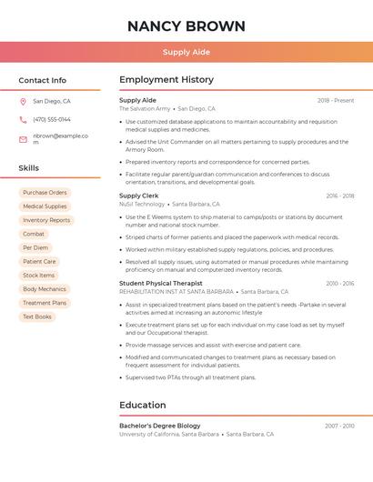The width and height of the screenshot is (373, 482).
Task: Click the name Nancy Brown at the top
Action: (x=186, y=25)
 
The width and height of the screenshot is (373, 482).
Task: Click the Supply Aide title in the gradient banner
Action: (x=186, y=53)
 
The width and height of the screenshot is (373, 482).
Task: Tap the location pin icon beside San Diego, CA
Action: (x=23, y=102)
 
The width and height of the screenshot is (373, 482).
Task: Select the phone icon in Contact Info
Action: (x=23, y=120)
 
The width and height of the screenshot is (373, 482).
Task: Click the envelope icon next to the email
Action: (x=23, y=139)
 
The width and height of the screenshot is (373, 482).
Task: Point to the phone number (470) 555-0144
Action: (x=52, y=120)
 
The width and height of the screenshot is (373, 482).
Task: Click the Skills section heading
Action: (x=29, y=168)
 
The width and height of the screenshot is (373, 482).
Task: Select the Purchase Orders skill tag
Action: (x=45, y=193)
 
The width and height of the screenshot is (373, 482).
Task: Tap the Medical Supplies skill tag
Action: (x=45, y=206)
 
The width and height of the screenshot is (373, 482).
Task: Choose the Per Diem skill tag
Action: (x=35, y=247)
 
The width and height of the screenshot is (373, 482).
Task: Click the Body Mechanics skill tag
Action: (x=45, y=289)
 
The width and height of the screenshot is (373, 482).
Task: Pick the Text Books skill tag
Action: (x=37, y=316)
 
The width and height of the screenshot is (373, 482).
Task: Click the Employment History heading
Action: (x=166, y=80)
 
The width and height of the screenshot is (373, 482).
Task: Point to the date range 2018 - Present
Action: (x=336, y=100)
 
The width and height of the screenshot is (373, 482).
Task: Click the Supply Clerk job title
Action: (x=139, y=196)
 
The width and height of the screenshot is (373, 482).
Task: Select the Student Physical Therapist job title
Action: (x=161, y=283)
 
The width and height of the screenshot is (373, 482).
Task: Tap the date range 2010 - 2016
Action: (x=340, y=283)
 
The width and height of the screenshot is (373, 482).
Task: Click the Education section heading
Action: (x=143, y=405)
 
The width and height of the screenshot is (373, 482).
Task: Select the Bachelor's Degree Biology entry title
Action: (x=160, y=426)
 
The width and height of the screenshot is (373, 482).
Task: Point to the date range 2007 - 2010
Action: (x=339, y=426)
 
